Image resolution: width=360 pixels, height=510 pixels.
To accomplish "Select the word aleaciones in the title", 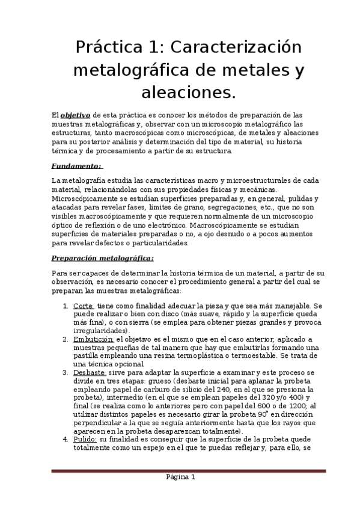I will point(187,92).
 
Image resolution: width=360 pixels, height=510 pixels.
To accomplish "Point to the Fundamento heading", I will point(77,165).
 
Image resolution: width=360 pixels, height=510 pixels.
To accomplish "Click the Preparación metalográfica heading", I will point(102,259).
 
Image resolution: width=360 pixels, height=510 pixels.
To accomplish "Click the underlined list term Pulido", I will point(84,439).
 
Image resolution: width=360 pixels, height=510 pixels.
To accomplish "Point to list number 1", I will point(65,306).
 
